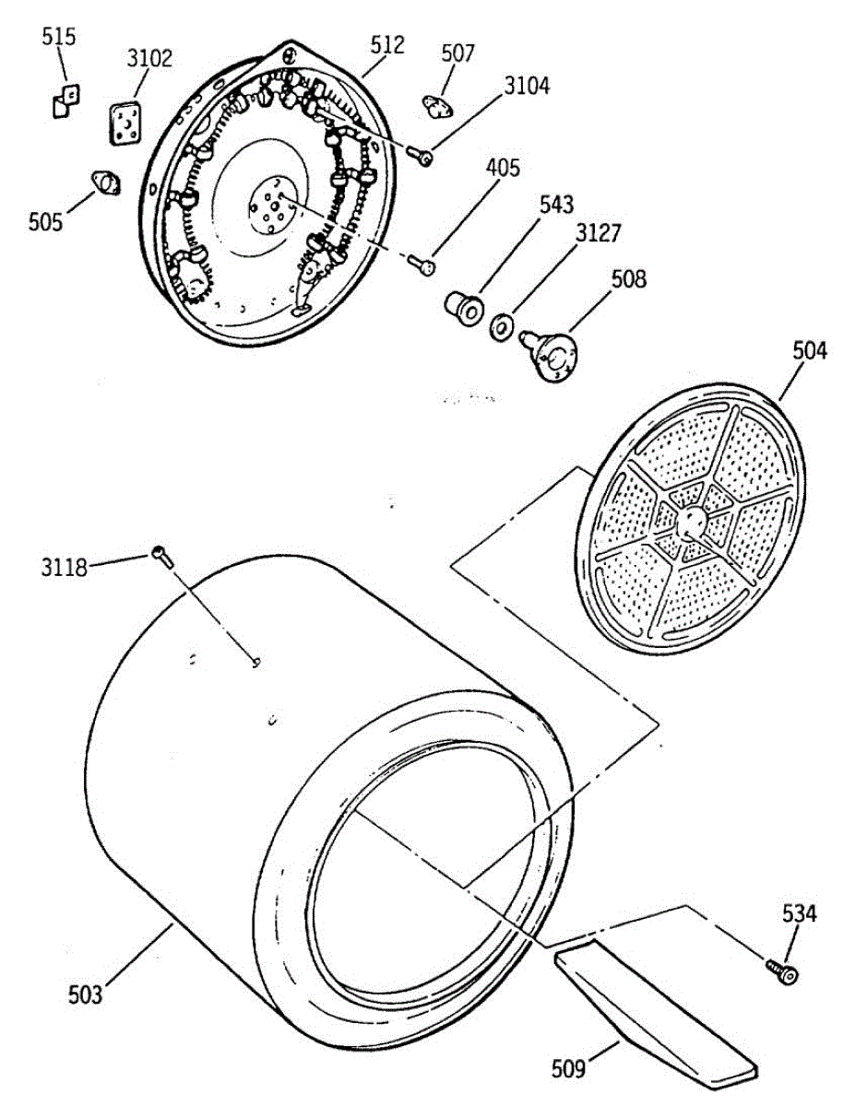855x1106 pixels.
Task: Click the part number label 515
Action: point(59,37)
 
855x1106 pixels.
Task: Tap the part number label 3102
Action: point(148,59)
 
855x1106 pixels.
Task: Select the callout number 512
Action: point(386,44)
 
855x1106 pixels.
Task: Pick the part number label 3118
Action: point(64,566)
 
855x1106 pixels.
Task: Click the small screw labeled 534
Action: point(782,969)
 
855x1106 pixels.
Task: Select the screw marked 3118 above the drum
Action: point(161,555)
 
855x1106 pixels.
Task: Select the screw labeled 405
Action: point(423,266)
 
